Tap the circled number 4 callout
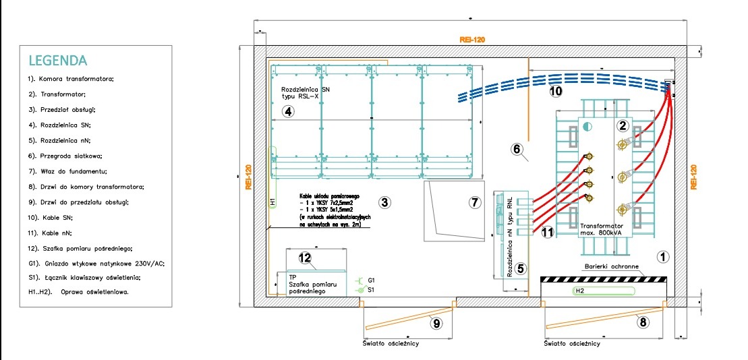click(x=288, y=111)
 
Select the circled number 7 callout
click(x=474, y=202)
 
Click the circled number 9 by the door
click(x=436, y=324)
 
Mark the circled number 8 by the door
click(x=643, y=322)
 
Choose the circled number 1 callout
click(x=663, y=256)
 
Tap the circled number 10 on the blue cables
click(x=555, y=90)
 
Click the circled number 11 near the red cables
click(x=547, y=233)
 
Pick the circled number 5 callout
click(x=521, y=269)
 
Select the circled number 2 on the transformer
click(x=623, y=125)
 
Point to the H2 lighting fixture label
click(x=579, y=291)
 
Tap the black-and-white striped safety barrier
click(x=604, y=278)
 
